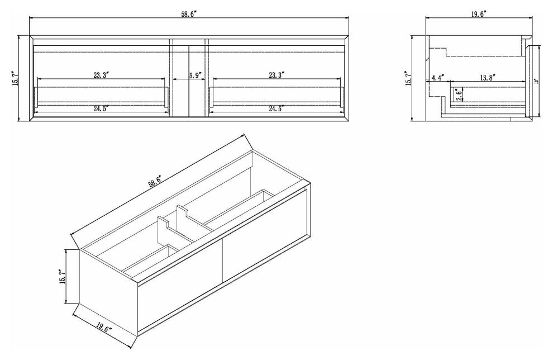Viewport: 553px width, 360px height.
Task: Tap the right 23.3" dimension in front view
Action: pos(276,74)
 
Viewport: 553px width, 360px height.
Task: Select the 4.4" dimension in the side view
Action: pos(437,77)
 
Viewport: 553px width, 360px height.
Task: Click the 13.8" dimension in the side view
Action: pos(485,77)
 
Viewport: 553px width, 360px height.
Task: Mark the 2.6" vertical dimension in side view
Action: pos(458,95)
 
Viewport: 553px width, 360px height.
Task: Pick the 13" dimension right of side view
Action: pos(536,81)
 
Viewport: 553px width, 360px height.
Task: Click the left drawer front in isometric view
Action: pos(179,285)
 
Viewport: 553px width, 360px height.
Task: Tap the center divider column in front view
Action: pos(188,95)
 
